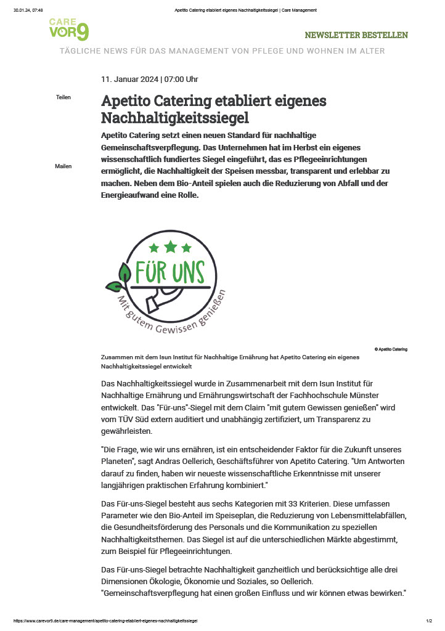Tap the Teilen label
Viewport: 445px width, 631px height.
pos(63,97)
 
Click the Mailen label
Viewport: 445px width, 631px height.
pos(63,166)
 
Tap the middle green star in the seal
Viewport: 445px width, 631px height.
pos(170,247)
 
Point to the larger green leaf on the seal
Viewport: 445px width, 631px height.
pos(125,271)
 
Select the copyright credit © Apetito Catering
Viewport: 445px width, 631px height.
pos(391,349)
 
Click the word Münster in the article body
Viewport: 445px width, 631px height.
pos(364,394)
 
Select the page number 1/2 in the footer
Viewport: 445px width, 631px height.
pos(429,621)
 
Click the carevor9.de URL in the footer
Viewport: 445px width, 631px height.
pos(105,621)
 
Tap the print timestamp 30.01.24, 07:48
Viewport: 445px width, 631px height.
pos(28,10)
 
